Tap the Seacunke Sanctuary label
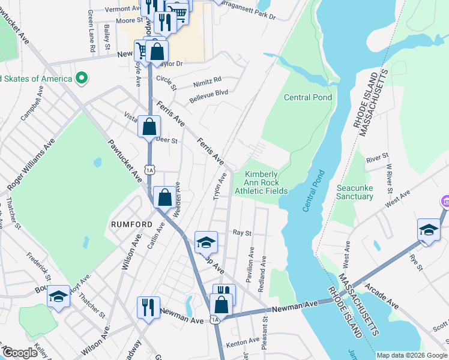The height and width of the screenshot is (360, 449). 354,191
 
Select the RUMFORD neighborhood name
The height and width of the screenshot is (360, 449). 131,224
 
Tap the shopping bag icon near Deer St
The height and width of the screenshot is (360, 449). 149,127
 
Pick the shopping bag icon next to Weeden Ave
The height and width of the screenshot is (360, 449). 164,197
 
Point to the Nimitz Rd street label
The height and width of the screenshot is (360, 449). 207,80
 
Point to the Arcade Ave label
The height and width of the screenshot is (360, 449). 381,296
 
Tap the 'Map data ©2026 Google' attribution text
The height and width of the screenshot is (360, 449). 411,355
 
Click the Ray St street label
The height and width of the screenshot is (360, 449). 241,232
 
